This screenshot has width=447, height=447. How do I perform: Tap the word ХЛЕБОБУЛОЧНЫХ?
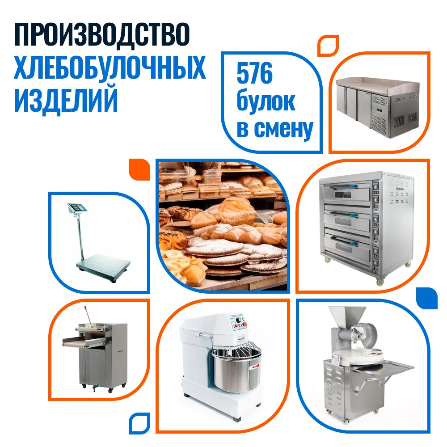tap(110, 67)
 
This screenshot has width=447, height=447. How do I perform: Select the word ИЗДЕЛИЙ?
tap(66, 100)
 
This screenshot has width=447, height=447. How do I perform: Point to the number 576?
tap(255, 73)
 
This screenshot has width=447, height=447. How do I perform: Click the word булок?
tap(266, 101)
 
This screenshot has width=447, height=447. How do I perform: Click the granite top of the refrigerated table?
tap(378, 85)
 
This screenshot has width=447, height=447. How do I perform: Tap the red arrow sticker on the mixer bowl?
tap(255, 367)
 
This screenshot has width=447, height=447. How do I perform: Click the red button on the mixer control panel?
tap(245, 324)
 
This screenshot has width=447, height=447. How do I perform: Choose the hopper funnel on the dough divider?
tap(346, 317)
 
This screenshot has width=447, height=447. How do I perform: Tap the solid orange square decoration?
tap(139, 169)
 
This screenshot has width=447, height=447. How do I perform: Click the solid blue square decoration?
tap(427, 298)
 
